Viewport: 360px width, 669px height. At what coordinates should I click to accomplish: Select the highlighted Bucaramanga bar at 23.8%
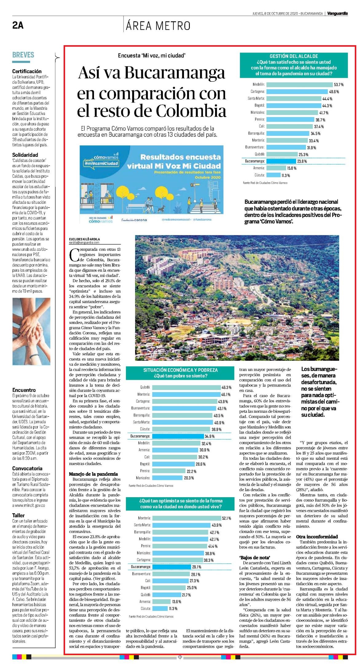(281, 161)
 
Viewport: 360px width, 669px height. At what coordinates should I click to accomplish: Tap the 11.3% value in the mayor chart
(286, 175)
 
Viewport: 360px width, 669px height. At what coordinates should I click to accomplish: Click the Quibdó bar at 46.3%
(187, 388)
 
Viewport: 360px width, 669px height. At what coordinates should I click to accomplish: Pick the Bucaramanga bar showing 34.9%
(178, 436)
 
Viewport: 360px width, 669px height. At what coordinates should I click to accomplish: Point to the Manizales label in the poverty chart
(143, 478)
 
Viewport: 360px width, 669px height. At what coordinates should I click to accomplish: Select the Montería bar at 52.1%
(187, 518)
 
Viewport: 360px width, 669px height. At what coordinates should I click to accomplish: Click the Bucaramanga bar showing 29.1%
(172, 567)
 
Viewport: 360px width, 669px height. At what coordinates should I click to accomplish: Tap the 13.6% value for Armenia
(177, 602)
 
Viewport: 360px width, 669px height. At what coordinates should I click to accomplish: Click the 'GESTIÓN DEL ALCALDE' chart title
(294, 56)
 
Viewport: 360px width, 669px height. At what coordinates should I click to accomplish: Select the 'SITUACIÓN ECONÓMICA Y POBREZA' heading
(180, 370)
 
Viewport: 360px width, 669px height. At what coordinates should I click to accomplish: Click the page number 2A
(18, 25)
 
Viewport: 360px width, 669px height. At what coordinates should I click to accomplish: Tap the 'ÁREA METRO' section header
(158, 26)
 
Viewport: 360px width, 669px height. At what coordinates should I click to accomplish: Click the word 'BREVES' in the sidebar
(23, 55)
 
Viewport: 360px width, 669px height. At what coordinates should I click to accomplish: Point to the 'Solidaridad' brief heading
(25, 155)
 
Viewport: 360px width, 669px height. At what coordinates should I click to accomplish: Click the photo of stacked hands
(31, 331)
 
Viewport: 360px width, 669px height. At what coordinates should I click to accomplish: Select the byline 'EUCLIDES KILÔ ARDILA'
(84, 239)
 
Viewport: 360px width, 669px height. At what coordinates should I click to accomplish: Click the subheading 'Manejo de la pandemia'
(93, 474)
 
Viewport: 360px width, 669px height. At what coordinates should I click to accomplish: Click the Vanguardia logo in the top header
(337, 14)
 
